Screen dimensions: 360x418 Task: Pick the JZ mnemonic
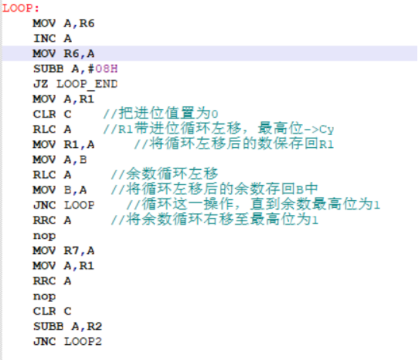pos(40,84)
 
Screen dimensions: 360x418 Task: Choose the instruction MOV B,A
pos(61,189)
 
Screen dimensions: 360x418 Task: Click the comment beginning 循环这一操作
pos(253,205)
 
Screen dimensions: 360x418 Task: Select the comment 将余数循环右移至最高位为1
pos(214,220)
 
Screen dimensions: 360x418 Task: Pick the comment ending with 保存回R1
pos(234,145)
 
